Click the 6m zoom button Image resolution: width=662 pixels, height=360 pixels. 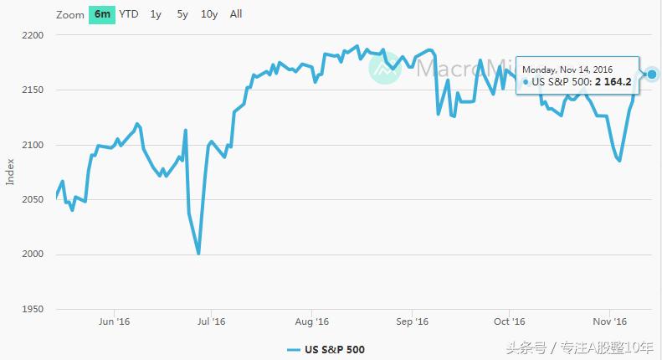pyautogui.click(x=102, y=14)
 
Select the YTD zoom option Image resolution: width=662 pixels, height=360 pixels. pyautogui.click(x=129, y=14)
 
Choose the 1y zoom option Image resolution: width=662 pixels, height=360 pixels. pyautogui.click(x=156, y=14)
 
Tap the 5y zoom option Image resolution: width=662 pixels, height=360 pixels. pyautogui.click(x=182, y=14)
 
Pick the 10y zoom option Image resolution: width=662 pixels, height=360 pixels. pyautogui.click(x=209, y=14)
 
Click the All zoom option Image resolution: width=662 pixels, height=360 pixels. pyautogui.click(x=236, y=14)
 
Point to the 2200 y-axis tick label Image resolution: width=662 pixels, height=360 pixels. pyautogui.click(x=32, y=36)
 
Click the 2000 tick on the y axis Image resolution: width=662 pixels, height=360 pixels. pyautogui.click(x=32, y=255)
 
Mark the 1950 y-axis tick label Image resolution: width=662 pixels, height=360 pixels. pyautogui.click(x=32, y=309)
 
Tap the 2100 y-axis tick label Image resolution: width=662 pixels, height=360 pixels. pyautogui.click(x=32, y=146)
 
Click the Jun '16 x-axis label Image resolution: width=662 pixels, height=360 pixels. pyautogui.click(x=114, y=321)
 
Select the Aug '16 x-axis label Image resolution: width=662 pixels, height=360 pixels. pyautogui.click(x=312, y=321)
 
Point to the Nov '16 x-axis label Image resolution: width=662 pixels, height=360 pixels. pyautogui.click(x=610, y=321)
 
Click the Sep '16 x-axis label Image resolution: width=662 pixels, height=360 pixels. pyautogui.click(x=412, y=321)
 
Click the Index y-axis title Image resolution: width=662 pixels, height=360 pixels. pyautogui.click(x=10, y=172)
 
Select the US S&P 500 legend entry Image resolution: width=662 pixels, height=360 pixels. pyautogui.click(x=326, y=349)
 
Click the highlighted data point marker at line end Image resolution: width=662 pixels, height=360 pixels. pyautogui.click(x=652, y=75)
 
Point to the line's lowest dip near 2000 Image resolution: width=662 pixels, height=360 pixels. pyautogui.click(x=198, y=253)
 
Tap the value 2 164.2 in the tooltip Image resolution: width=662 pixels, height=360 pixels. pyautogui.click(x=613, y=82)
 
